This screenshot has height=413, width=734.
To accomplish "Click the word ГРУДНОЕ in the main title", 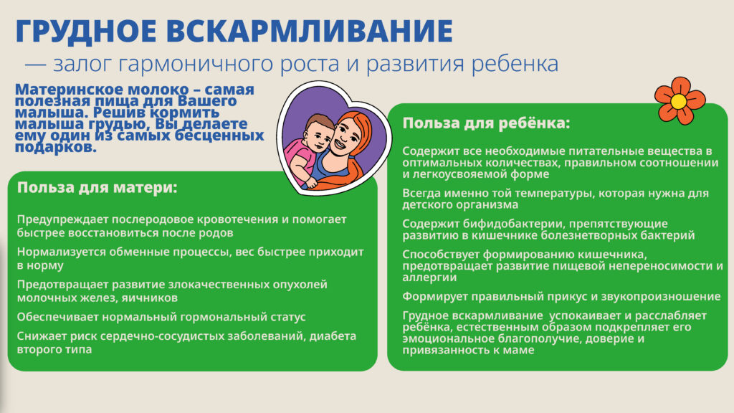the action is click(x=86, y=32).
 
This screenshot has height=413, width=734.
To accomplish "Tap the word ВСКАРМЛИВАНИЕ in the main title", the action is click(x=310, y=31).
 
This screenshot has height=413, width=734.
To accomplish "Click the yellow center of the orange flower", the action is click(x=679, y=101).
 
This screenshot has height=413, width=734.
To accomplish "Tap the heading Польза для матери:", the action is click(x=97, y=187).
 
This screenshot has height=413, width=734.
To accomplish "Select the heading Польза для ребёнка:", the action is click(x=487, y=123).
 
